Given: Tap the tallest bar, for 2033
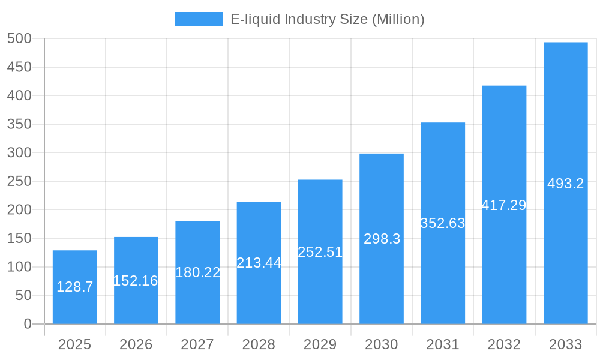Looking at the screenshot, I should point(565,183).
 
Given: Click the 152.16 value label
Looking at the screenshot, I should point(136,280).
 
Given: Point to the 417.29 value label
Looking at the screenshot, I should point(504,205).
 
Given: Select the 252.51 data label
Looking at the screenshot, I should point(320,252).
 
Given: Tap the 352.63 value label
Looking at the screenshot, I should point(443,223).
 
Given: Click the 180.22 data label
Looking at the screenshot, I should point(197,272).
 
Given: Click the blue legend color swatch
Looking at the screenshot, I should point(199,19).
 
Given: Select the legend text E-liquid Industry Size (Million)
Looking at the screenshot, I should point(328,19).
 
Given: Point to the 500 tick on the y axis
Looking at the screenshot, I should point(19,38).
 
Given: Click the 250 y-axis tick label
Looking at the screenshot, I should point(19,181).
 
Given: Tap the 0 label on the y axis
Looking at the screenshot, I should point(28,324).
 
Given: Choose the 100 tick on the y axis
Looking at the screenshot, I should point(19,267).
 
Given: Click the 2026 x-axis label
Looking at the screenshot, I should point(136,344).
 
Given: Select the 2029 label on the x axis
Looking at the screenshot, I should point(320,344).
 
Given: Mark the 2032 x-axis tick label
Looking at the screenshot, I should point(504,344).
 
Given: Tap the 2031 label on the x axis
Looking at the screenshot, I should point(443,344).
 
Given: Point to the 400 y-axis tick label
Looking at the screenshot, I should point(19,95).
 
